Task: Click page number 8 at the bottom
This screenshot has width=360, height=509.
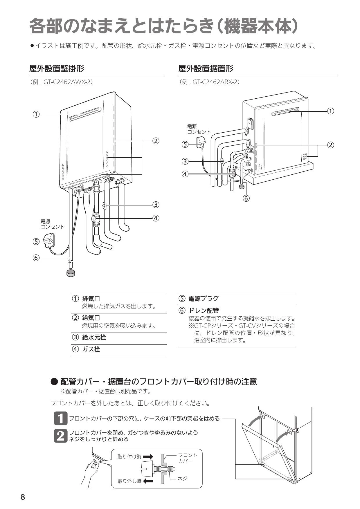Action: click(23, 497)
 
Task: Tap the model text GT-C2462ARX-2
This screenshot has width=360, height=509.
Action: click(216, 82)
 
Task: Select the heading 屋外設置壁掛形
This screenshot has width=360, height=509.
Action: click(57, 68)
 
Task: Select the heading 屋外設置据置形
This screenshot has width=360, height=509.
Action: click(206, 68)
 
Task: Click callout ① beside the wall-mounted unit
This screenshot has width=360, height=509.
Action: click(36, 114)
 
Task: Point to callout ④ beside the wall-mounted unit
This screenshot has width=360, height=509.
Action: click(156, 218)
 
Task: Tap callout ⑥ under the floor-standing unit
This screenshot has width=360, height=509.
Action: click(246, 198)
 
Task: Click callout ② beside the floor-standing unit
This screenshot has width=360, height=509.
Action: click(330, 145)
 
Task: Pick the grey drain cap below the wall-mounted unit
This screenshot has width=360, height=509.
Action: click(71, 273)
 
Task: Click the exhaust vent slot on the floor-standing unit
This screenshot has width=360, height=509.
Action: click(285, 112)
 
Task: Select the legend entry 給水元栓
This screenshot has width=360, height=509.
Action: click(94, 337)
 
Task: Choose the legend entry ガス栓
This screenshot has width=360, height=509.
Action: click(91, 349)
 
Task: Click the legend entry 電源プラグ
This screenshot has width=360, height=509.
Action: click(203, 299)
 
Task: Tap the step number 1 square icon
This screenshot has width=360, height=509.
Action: click(60, 418)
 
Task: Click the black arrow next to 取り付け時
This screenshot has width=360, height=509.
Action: click(148, 457)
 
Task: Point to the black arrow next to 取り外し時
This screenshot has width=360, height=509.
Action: click(148, 481)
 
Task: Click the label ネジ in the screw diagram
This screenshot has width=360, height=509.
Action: click(182, 479)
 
